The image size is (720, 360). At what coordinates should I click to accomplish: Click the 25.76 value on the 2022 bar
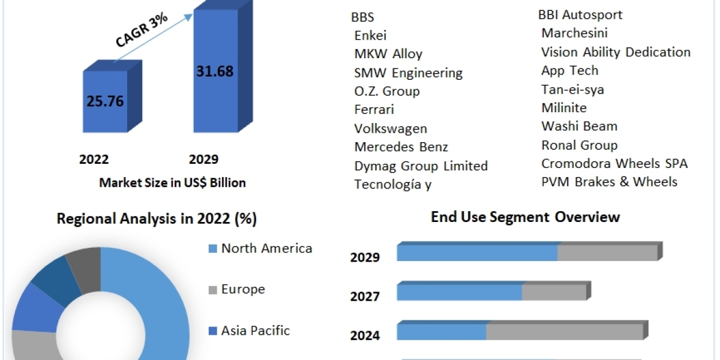coord(104,101)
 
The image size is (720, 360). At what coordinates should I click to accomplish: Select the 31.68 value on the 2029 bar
coord(214,71)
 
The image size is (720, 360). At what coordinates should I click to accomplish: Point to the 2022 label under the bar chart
coord(94,160)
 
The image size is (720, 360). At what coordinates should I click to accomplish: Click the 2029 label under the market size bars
coord(203,160)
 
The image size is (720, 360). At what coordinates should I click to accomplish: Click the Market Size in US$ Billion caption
coord(172,183)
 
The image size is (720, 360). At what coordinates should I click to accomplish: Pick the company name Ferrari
coord(374,110)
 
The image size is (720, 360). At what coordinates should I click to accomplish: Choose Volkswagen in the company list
coord(391,128)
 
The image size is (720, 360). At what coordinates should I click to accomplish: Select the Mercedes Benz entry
coord(401,147)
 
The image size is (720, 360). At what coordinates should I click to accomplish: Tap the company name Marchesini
coord(574,33)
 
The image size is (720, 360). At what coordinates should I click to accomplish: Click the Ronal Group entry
coord(579,145)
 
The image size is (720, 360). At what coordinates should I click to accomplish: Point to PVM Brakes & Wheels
coord(609,182)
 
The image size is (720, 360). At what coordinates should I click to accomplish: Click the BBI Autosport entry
coord(580,14)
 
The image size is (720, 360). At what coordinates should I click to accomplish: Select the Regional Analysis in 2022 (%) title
coord(157,219)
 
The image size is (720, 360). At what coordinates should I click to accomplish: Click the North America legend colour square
coord(212,248)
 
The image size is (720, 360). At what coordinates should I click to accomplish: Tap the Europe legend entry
coord(242,289)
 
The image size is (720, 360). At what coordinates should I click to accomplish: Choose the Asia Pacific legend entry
coord(255,330)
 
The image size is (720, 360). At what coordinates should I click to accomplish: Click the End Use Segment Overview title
coord(525,217)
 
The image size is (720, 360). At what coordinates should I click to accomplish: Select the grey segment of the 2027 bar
coord(553,292)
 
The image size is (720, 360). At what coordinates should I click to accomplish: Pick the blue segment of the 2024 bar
coord(441,331)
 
